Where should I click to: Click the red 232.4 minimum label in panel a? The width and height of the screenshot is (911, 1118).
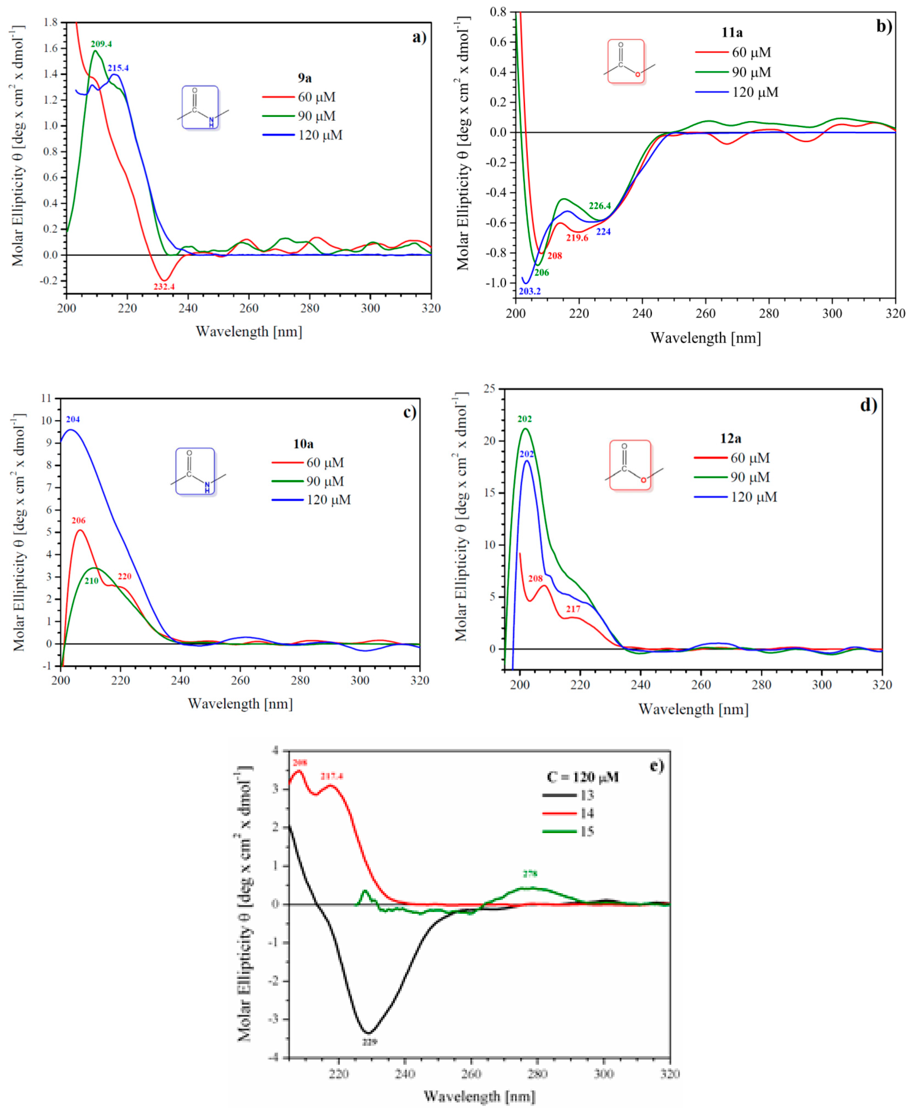coord(164,286)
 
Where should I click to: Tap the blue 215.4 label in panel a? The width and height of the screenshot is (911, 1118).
coord(118,68)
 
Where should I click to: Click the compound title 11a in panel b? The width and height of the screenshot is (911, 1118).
coord(732,32)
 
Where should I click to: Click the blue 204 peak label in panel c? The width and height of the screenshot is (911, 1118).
coord(73,419)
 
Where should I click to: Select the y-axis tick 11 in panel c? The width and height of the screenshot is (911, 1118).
coord(46,398)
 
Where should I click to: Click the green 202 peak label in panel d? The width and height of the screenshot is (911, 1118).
coord(524,419)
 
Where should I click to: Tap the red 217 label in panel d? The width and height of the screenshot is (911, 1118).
coord(573,609)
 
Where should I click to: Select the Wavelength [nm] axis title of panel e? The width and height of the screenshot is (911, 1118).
coord(479,1096)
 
